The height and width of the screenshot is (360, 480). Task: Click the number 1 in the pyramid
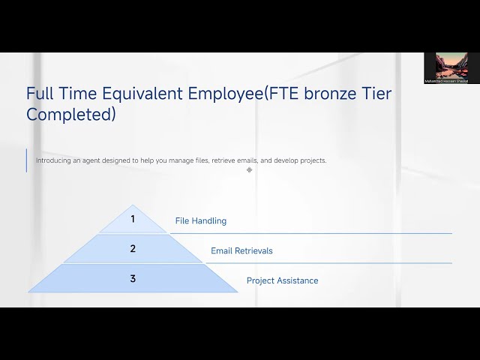point(133,219)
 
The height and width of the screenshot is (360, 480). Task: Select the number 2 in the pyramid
point(133,249)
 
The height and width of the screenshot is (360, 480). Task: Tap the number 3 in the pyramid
point(133,279)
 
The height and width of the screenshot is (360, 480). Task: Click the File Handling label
point(200,221)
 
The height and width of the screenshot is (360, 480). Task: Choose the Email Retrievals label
point(241,250)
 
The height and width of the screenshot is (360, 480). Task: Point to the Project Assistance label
point(282,280)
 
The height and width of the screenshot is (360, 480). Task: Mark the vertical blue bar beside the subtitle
point(26,160)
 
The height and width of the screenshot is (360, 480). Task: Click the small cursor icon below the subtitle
point(249,169)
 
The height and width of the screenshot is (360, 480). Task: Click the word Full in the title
point(40,94)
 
